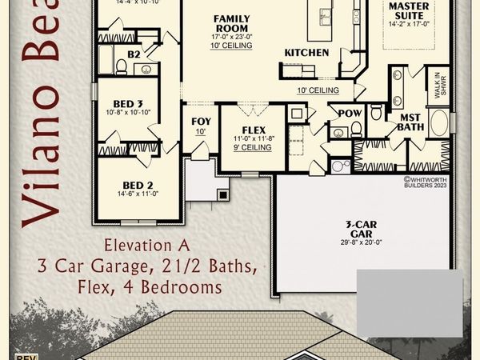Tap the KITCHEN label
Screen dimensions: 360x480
coord(306,53)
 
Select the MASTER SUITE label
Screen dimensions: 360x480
coord(408,11)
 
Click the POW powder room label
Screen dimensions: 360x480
coord(350,114)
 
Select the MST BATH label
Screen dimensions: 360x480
coord(410,122)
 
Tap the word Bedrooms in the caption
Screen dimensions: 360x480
coord(196,285)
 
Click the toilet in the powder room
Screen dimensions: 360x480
coord(357,128)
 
